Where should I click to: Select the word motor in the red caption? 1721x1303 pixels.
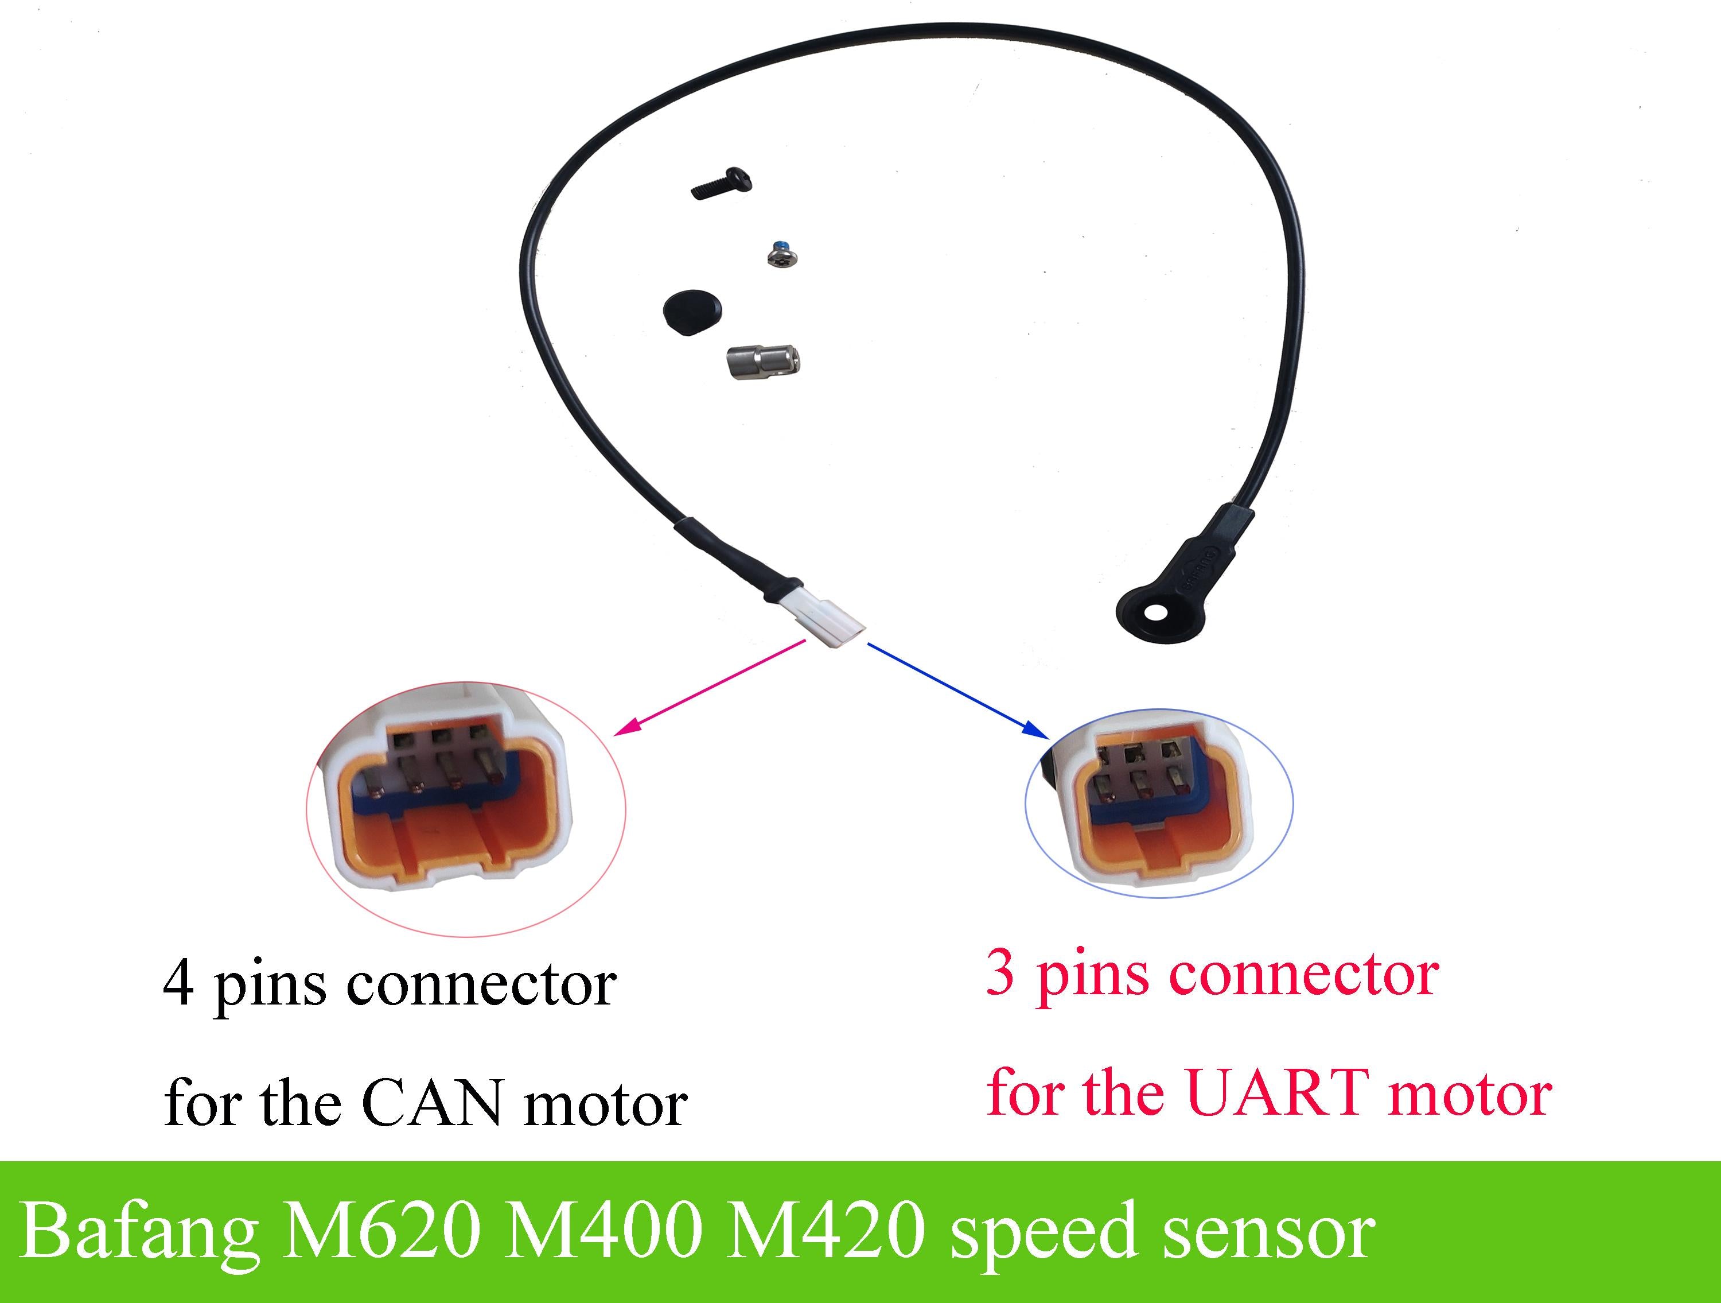click(x=1470, y=1093)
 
